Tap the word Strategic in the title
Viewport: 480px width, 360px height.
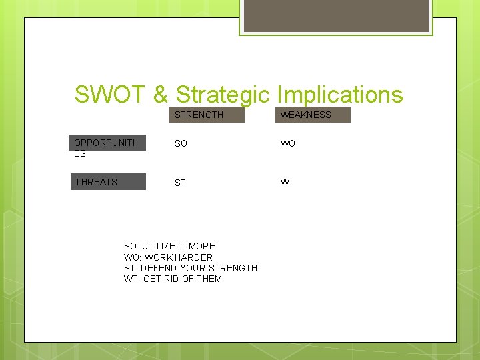[x=222, y=95]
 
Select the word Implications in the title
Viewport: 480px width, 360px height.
[x=339, y=95]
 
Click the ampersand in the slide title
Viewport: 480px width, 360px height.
[x=161, y=95]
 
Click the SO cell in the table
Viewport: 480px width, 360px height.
[x=181, y=144]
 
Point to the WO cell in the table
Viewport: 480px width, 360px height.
[x=287, y=144]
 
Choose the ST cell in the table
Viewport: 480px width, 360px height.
[x=180, y=183]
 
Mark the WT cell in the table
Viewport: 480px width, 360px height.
[x=287, y=183]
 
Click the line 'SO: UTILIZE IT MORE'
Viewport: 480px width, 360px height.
[x=169, y=246]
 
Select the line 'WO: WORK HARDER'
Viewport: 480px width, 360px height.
[x=168, y=257]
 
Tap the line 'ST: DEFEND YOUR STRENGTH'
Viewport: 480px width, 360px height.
[x=190, y=268]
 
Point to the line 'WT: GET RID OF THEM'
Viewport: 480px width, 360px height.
[x=173, y=279]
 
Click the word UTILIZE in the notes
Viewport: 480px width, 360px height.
[x=157, y=246]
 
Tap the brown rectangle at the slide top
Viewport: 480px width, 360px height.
[x=335, y=15]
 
